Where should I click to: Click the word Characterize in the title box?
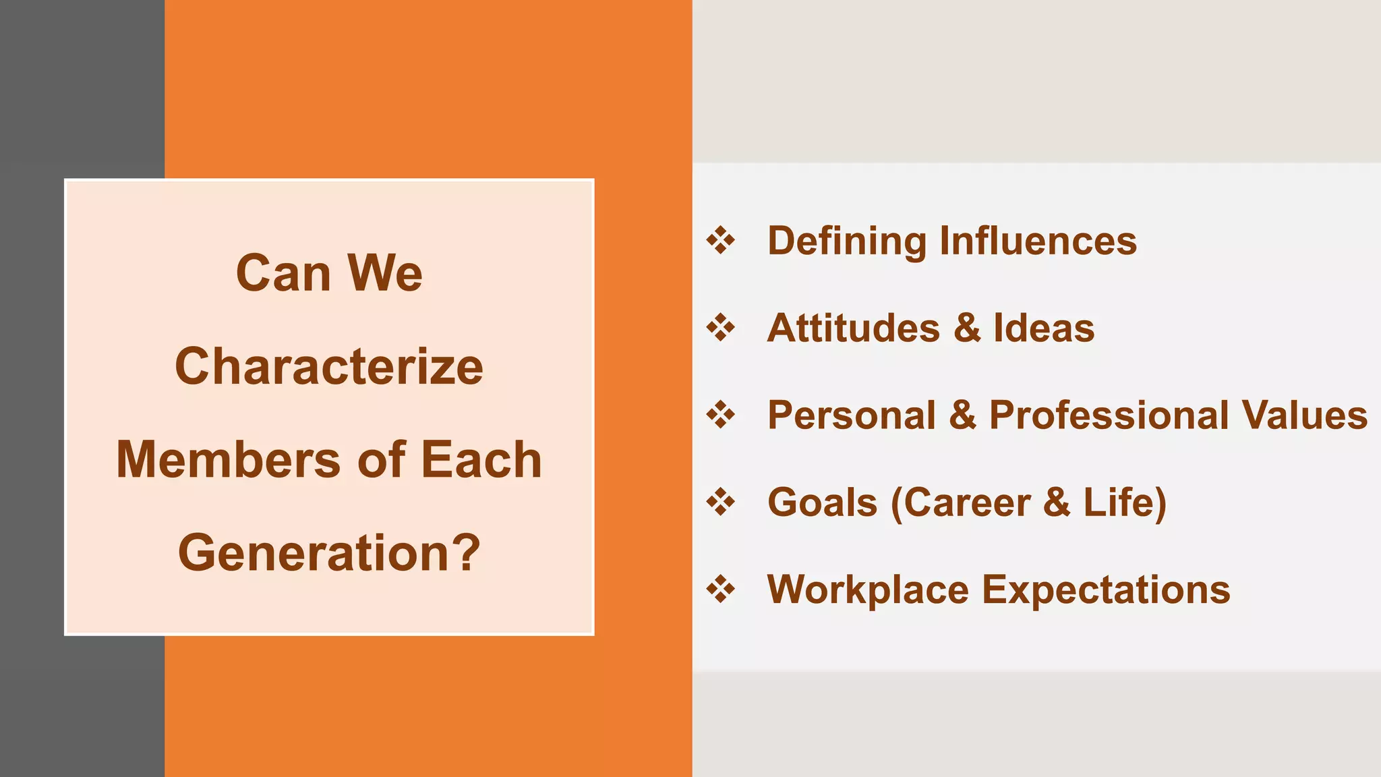329,367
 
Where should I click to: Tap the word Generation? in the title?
329,553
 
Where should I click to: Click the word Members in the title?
228,460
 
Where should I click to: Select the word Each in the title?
481,460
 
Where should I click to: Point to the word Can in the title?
283,274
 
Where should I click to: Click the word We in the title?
384,274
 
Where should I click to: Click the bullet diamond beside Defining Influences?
721,241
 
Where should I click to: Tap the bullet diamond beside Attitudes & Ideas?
721,328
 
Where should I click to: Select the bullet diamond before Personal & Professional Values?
721,415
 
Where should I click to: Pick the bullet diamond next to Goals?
721,502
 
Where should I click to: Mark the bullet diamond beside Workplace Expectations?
721,589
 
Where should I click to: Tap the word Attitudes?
854,328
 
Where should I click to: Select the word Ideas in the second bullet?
1044,328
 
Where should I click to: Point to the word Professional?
1109,415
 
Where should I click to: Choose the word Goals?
823,502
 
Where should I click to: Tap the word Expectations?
1106,590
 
